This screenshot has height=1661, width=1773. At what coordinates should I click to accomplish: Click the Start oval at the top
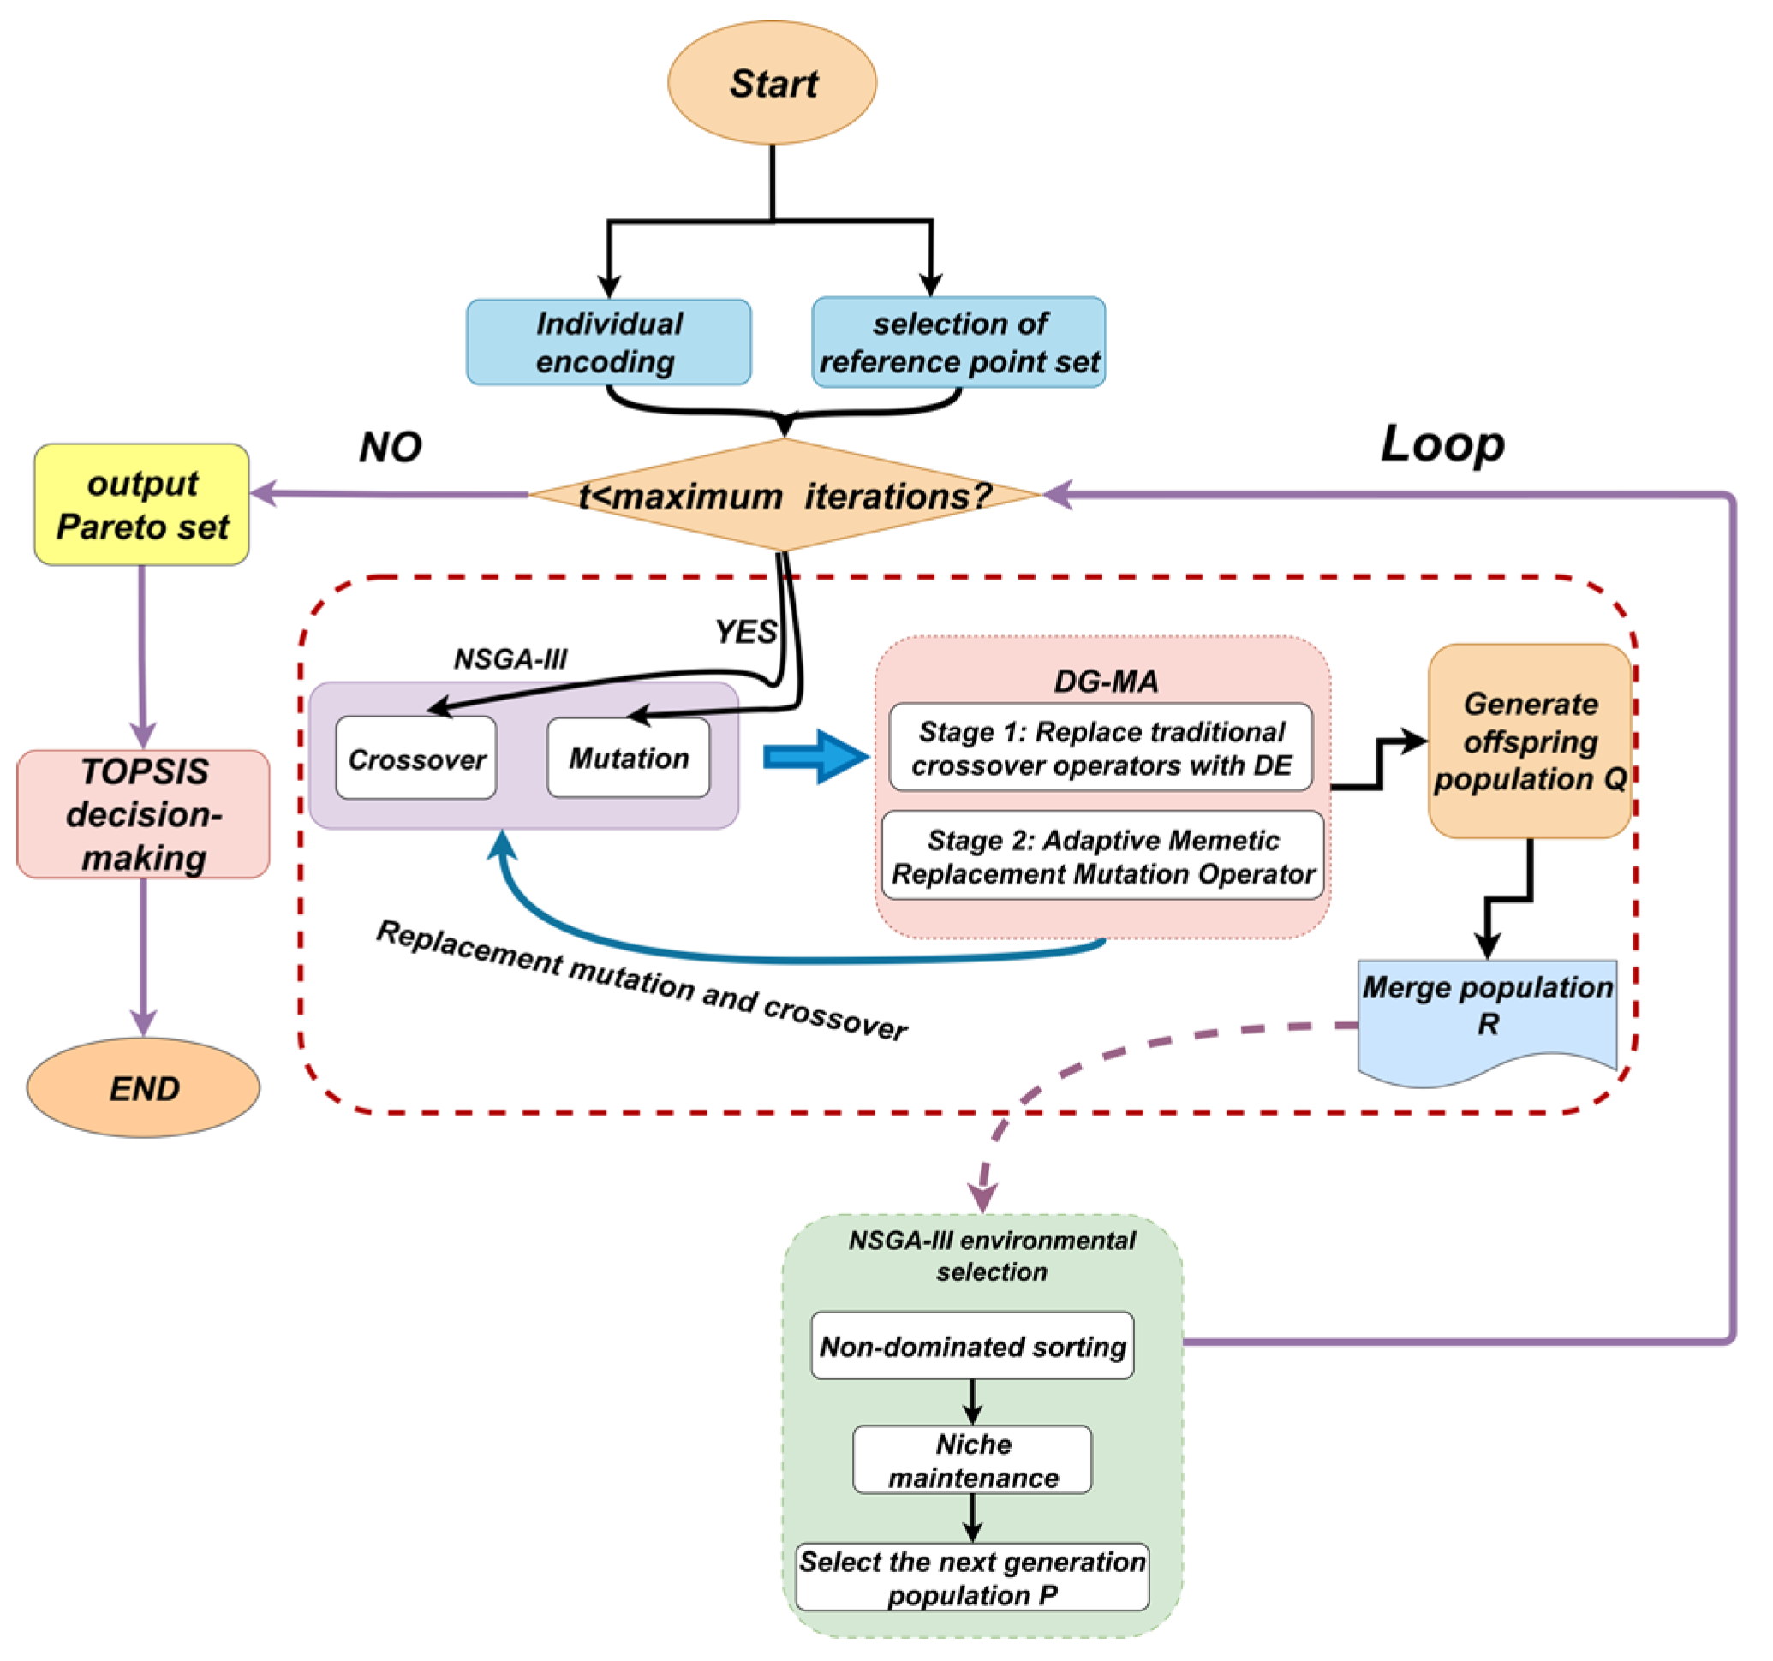point(773,83)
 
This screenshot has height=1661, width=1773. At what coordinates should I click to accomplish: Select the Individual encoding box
point(608,342)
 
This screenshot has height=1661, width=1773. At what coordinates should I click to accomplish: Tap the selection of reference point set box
point(958,342)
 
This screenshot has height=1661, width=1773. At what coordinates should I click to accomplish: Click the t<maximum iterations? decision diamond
point(785,496)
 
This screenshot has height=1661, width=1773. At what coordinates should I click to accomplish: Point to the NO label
point(390,447)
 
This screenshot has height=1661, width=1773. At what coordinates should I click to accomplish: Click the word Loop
point(1442,444)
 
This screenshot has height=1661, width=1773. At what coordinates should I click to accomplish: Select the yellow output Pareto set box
point(142,504)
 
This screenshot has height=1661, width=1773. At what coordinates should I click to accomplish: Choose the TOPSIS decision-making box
point(144,814)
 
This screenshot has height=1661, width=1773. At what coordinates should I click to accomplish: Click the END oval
point(144,1087)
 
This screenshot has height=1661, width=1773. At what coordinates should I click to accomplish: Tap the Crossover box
point(415,759)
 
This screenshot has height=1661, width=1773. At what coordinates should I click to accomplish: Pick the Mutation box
point(629,758)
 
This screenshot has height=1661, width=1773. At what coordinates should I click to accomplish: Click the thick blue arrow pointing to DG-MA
point(815,757)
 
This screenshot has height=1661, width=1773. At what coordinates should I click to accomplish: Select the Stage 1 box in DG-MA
point(1101,747)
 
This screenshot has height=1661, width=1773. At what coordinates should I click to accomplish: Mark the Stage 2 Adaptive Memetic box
point(1102,856)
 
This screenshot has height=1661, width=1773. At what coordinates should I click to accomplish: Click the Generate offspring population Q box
point(1530,741)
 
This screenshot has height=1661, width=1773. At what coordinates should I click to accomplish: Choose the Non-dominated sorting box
point(972,1346)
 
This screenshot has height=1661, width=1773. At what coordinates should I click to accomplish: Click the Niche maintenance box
point(972,1461)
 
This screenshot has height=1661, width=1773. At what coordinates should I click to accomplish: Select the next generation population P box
point(972,1577)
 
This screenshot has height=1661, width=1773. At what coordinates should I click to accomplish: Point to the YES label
point(744,632)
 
